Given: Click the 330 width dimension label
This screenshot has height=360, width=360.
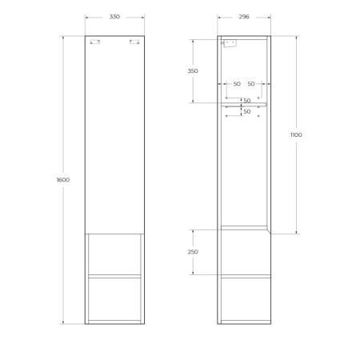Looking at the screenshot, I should point(114,16).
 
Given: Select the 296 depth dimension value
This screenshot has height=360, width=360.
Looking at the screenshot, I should point(244,16).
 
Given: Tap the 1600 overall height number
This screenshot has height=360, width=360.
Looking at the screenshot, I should point(63,179).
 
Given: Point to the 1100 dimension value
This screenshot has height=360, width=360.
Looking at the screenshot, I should point(296,135).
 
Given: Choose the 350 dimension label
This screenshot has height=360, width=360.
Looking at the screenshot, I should point(193,70).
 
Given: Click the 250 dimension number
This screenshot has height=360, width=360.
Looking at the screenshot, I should point(193,252).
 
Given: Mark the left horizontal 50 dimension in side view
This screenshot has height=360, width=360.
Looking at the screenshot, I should point(237,83).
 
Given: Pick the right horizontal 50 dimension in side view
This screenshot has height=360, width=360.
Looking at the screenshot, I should point(251,83).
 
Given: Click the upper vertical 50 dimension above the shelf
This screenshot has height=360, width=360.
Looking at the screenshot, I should point(247,100).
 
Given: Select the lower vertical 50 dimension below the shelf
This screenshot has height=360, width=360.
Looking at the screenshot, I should point(247,111).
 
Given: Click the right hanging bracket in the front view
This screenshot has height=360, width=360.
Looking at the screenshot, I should point(134,42).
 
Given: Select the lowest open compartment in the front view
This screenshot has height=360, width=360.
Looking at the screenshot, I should point(114,299).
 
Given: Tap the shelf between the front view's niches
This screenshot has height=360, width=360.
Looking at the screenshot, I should point(114,276).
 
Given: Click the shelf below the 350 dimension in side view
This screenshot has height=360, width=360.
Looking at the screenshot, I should point(244,104).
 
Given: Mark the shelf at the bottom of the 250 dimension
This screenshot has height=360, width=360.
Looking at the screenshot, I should point(244,276).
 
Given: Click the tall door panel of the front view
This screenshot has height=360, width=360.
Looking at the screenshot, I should point(114,136).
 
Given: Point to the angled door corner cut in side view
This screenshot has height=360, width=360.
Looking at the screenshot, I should point(268,230).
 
